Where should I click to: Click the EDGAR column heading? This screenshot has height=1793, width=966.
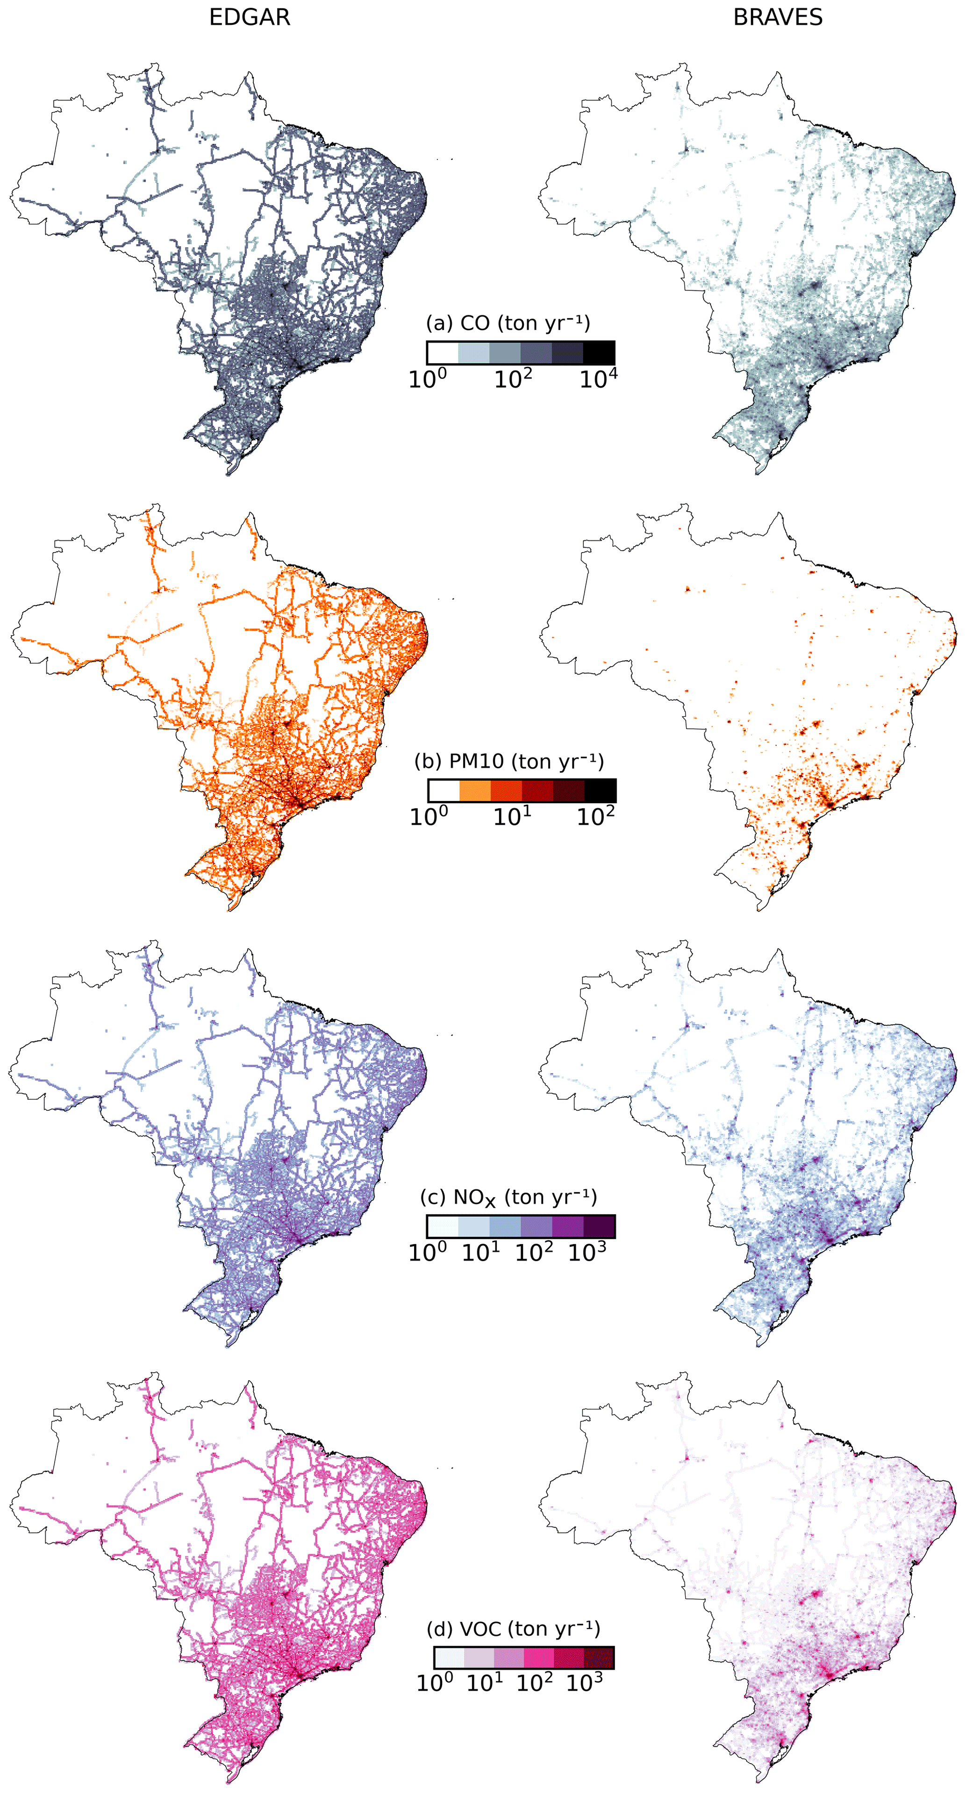(x=249, y=17)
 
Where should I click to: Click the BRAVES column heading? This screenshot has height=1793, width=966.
(x=777, y=17)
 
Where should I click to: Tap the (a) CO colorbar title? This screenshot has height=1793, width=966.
(x=508, y=323)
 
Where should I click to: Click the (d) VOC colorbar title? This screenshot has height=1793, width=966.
(x=513, y=1629)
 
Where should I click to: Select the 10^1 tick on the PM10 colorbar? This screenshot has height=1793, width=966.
(x=512, y=816)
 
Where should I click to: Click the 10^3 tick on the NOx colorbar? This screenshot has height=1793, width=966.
(x=587, y=1252)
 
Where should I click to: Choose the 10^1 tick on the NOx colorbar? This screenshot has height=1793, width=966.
(x=481, y=1252)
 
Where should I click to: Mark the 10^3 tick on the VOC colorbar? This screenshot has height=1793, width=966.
(x=584, y=1683)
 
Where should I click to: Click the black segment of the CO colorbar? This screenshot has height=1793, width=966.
(x=599, y=352)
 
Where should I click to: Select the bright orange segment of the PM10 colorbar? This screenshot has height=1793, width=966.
(x=475, y=790)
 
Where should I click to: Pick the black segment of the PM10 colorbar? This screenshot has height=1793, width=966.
(x=600, y=790)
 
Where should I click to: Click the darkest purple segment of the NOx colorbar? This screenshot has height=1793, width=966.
(x=599, y=1226)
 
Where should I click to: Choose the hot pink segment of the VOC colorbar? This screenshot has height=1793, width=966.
(x=539, y=1657)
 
